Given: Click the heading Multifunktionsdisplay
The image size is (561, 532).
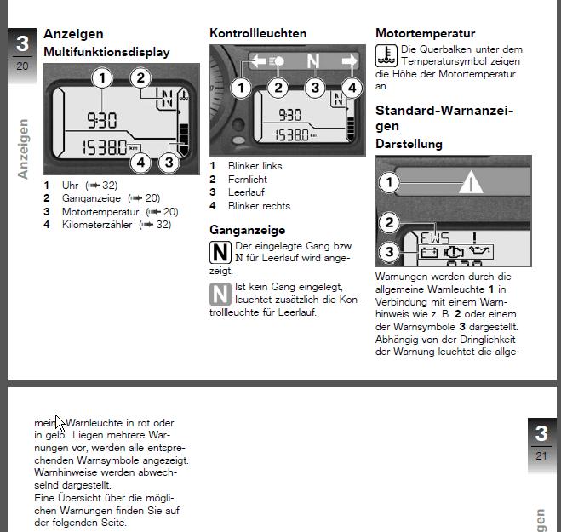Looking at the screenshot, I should tap(106, 52).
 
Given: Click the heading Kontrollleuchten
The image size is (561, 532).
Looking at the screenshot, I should tap(258, 33).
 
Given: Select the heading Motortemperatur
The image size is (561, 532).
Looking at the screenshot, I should tap(425, 33).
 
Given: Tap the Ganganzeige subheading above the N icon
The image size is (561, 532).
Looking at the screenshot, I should tap(247, 230).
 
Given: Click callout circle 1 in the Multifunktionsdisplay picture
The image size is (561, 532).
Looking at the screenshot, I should tap(102, 79).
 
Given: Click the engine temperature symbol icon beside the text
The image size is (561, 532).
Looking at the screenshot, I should tap(386, 57).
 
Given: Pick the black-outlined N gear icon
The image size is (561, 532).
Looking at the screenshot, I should tap(220, 252).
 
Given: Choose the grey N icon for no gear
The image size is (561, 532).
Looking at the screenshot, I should tap(220, 294).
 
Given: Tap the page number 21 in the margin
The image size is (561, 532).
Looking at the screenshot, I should tap(541, 455).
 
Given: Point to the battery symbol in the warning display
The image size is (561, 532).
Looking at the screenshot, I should tap(429, 253).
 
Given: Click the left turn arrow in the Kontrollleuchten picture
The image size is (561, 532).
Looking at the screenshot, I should tap(256, 61).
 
